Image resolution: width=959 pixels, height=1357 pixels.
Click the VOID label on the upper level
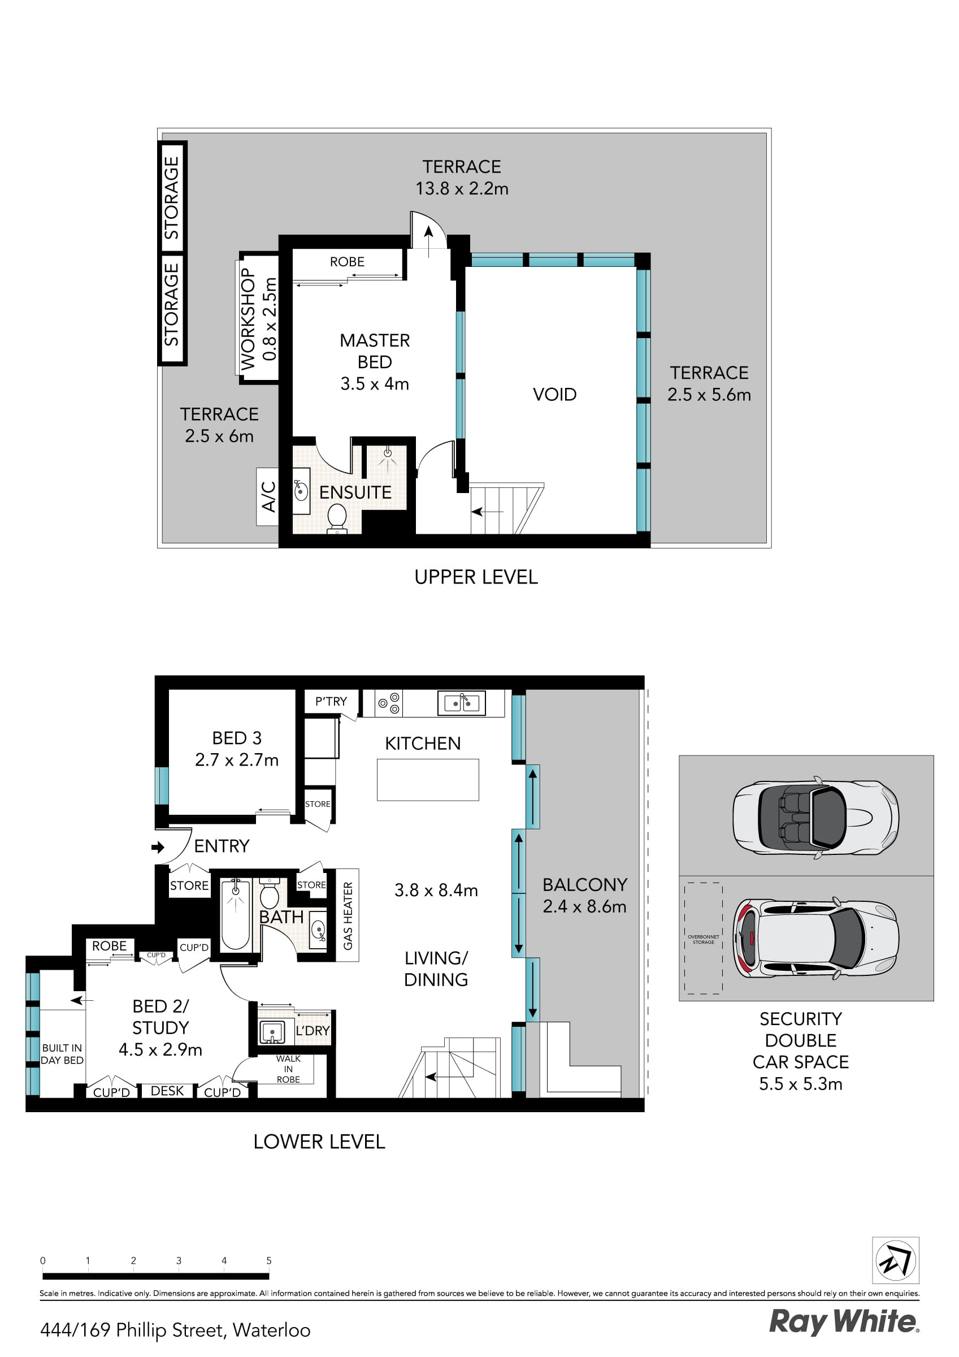point(554,394)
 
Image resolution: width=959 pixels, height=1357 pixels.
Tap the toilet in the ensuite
point(337,518)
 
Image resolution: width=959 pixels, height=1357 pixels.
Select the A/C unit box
point(267,496)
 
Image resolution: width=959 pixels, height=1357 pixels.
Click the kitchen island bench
point(428,780)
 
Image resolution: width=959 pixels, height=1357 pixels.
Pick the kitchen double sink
point(462,703)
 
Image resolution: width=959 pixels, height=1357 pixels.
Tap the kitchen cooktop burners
point(389,703)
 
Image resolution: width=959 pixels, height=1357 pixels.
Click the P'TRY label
point(331,702)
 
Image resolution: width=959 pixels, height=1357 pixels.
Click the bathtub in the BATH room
point(235,914)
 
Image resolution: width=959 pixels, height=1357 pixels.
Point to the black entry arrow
point(158,848)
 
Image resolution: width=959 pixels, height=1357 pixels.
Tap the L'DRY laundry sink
point(272,1032)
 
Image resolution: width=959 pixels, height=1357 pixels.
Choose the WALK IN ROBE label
point(288,1069)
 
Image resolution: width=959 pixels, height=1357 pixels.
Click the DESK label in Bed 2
point(167,1091)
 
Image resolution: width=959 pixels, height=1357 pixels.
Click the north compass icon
point(896,1260)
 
